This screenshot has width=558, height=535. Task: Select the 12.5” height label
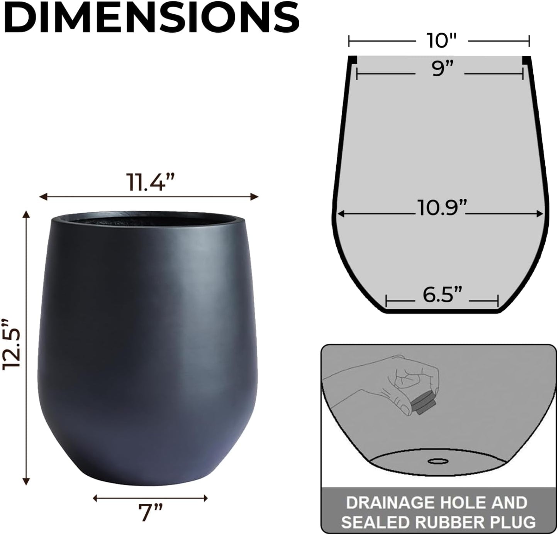pos(12,344)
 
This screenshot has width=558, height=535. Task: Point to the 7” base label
pos(150,512)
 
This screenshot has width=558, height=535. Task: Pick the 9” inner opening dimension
pos(439,69)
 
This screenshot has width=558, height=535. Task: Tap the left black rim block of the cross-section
pos(352,60)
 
